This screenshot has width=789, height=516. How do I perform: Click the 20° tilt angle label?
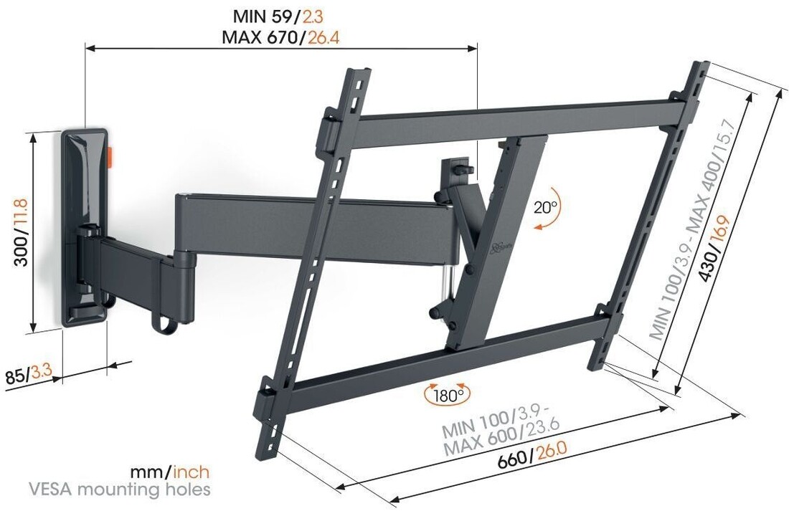coord(546,208)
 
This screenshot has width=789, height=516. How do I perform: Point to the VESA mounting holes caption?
coord(120,489)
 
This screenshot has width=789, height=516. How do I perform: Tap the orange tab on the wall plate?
coord(112,156)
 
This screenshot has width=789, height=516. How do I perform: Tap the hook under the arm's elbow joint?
coord(164,324)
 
